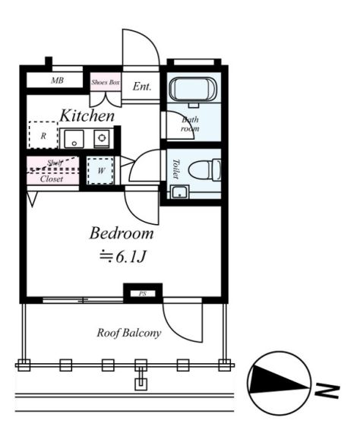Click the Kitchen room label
pos(87,115)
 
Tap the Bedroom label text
pos(122,233)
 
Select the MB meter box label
pos(58,81)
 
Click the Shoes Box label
pos(106,82)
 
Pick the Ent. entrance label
pos(142,87)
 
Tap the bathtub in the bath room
pos(193,90)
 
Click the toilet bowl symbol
pos(205,170)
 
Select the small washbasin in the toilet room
pos(180,191)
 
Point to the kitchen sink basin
pos(74,139)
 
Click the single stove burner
pos(102,137)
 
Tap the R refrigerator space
pos(43,135)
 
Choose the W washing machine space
pos(100,170)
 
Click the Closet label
pos(52,179)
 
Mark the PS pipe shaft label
pos(143,294)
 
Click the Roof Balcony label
pos(129,333)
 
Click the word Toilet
pos(176,169)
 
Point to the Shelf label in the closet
pos(55,163)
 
